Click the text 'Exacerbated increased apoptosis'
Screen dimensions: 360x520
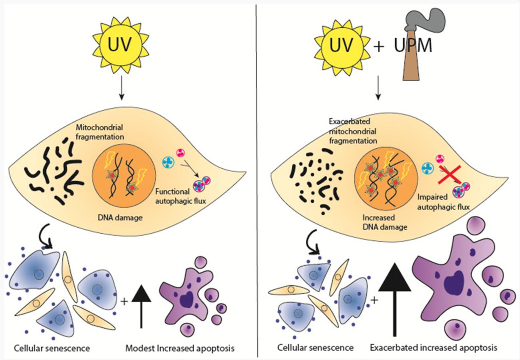tap(432, 348)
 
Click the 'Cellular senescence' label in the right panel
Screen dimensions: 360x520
tap(316, 348)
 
